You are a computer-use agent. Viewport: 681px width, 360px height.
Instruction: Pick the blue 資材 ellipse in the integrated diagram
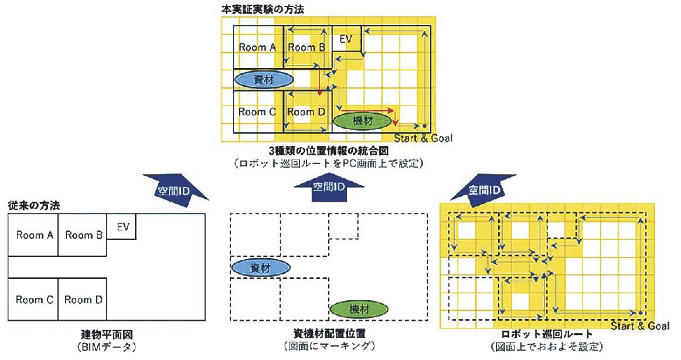[x=263, y=80]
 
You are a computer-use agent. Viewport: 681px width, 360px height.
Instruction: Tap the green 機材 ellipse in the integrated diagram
[x=363, y=121]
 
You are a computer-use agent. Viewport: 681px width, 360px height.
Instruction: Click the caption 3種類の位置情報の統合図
[x=328, y=151]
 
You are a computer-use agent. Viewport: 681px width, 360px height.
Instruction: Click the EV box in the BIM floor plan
[x=122, y=226]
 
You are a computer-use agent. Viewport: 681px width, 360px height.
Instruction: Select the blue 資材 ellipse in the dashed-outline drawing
[x=260, y=268]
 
